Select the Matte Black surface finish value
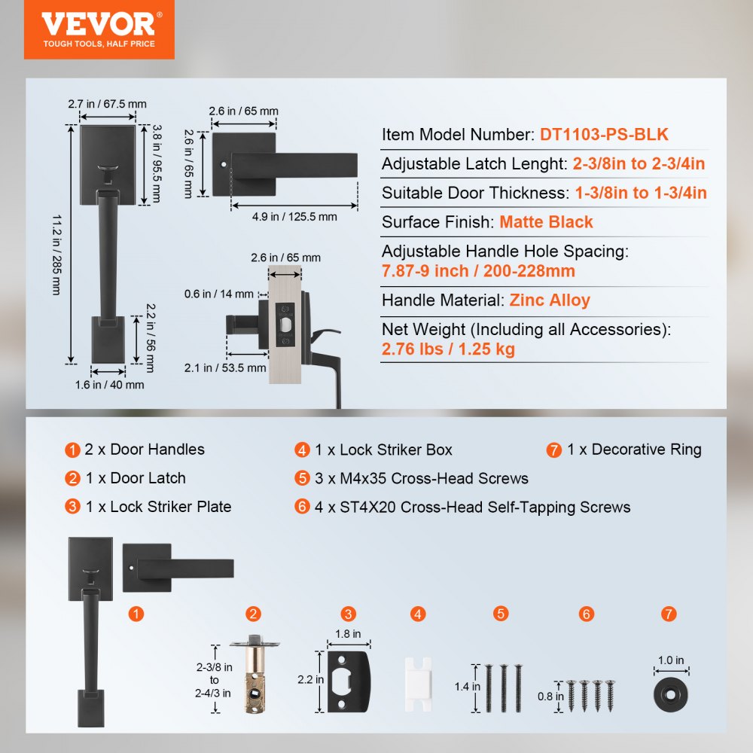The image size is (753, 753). coord(546,222)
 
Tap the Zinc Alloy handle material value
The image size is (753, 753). coord(550,300)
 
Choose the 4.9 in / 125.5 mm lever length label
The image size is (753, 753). coord(294,217)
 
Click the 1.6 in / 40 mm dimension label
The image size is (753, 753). coord(109,385)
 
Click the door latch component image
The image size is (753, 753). coord(254,676)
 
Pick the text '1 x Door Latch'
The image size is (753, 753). coord(135,478)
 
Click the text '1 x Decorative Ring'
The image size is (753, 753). coord(634,450)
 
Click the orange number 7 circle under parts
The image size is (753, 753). coord(669,614)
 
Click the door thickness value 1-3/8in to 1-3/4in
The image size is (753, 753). coord(641,193)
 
